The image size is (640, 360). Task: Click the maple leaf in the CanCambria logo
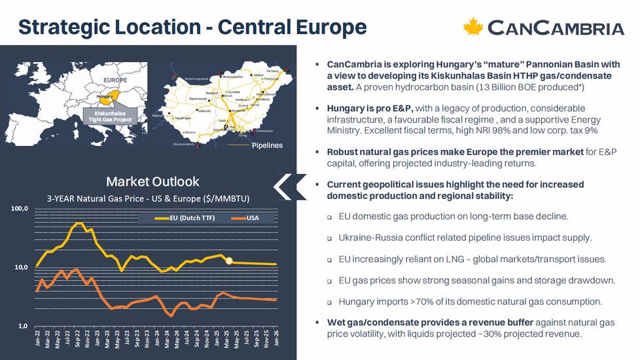click(x=472, y=27)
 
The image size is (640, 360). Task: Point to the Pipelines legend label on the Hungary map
click(x=267, y=145)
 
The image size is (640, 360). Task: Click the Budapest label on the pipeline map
click(x=211, y=93)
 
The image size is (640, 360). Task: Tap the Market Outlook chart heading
click(x=152, y=181)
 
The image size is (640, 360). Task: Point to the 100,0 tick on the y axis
click(x=20, y=209)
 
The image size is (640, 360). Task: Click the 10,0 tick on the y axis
click(x=22, y=268)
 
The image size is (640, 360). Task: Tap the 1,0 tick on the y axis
click(x=24, y=326)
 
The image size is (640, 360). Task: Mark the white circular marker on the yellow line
click(x=229, y=261)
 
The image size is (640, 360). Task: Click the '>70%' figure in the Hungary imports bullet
click(x=408, y=302)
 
